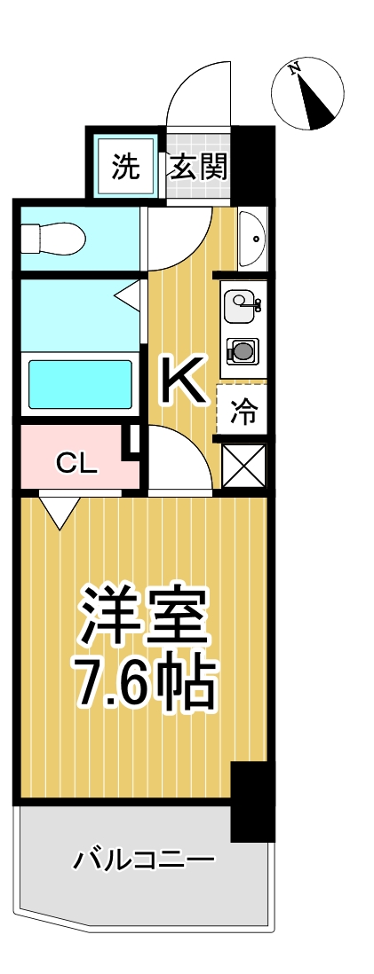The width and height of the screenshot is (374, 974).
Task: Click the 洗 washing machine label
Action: click(x=126, y=166)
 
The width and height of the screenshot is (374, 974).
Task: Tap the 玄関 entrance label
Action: click(x=199, y=166)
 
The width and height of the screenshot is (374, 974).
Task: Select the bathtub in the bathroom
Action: click(x=80, y=383)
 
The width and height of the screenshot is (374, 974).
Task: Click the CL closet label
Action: click(x=76, y=463)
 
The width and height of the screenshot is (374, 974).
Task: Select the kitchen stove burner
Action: click(x=242, y=352)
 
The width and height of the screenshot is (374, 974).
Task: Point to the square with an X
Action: click(x=243, y=466)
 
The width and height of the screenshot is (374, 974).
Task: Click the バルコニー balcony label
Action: click(x=144, y=860)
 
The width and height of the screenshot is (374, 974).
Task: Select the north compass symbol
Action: click(x=307, y=90)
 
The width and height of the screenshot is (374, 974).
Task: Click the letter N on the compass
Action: click(x=295, y=67)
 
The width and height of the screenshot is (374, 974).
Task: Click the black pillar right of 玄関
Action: click(x=254, y=165)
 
